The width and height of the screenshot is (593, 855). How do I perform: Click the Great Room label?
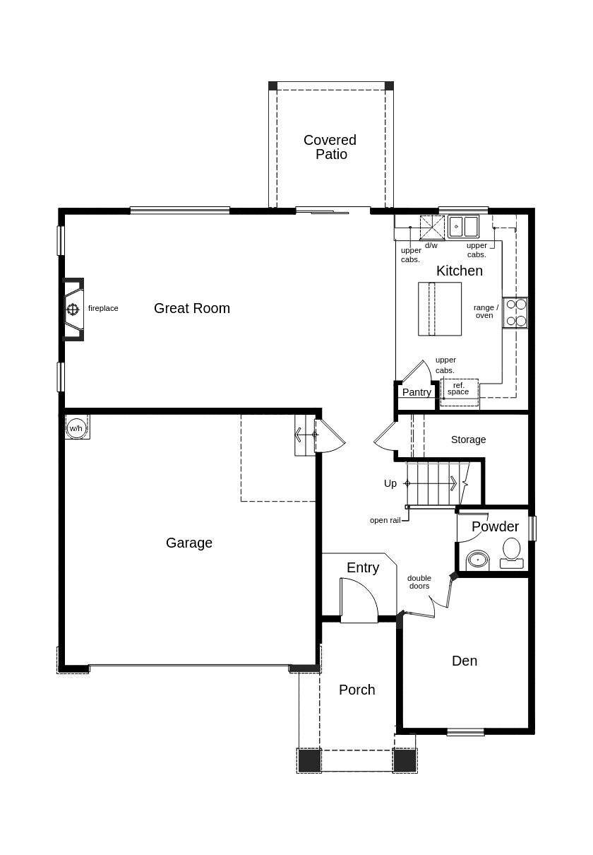click(192, 308)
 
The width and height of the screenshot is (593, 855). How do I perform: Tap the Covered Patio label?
click(330, 147)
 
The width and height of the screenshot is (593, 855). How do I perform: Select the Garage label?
click(189, 543)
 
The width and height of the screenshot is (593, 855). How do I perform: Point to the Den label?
click(465, 661)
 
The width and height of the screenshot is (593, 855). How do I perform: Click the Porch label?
click(357, 690)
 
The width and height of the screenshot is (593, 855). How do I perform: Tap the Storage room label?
click(468, 440)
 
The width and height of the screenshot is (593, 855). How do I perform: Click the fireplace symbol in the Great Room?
click(73, 309)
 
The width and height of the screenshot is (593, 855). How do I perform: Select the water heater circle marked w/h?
click(76, 428)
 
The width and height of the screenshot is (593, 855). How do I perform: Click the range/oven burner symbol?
click(515, 312)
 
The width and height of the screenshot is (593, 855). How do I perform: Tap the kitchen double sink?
click(463, 227)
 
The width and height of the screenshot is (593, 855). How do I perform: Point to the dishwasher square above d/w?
click(432, 228)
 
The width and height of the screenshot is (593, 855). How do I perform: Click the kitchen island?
click(440, 309)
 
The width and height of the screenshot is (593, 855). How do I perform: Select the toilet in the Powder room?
click(511, 553)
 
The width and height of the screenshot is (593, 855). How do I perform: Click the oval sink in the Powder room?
click(477, 560)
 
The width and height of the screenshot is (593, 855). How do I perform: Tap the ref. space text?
click(458, 389)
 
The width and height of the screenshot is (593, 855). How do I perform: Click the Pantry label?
click(417, 392)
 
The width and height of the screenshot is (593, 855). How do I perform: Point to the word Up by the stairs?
click(390, 483)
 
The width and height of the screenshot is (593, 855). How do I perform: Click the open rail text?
click(385, 520)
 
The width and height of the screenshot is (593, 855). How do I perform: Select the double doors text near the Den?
click(419, 582)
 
